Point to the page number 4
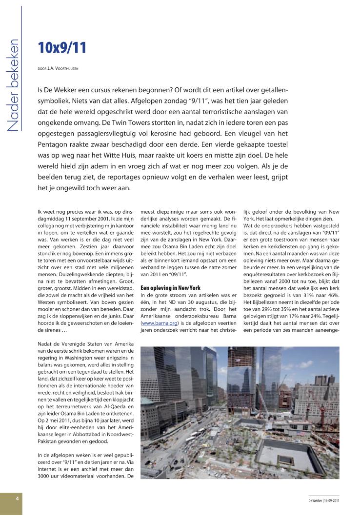coord(17,499)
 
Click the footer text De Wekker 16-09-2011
coord(323,501)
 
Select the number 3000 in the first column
coord(46,476)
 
